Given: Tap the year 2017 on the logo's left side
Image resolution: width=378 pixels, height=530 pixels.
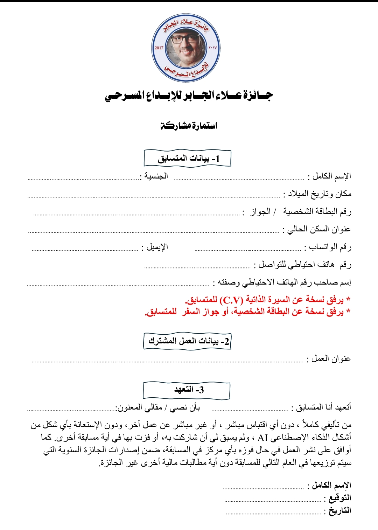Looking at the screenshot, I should (x=159, y=48).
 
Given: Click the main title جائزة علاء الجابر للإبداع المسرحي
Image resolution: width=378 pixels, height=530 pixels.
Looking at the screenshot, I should (x=189, y=96).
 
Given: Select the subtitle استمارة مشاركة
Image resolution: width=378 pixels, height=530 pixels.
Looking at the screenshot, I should (x=189, y=126).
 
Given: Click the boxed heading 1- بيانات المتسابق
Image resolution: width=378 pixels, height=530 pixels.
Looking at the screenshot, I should (x=188, y=159).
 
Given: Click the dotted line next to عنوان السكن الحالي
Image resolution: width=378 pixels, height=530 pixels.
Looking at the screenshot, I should (x=154, y=232).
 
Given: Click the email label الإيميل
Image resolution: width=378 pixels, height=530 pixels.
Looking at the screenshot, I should (x=157, y=247).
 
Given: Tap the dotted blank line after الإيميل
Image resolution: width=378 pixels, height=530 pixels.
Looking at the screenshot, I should (x=85, y=250).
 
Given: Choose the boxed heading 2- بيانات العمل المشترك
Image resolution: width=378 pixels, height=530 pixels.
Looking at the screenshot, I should (x=188, y=341).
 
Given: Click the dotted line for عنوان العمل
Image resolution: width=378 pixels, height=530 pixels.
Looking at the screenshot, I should (x=168, y=361).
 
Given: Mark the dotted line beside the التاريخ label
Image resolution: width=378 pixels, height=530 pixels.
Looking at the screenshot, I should (x=274, y=514).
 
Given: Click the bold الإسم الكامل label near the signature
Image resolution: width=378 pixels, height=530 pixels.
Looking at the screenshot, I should (x=331, y=485).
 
